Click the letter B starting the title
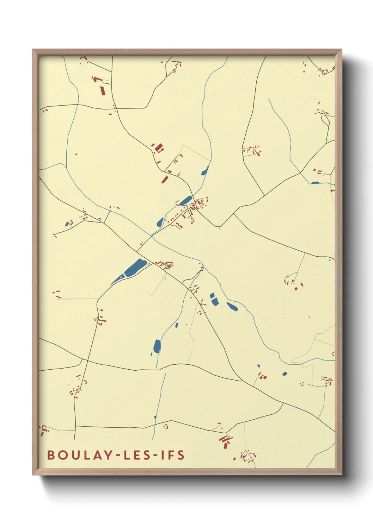pyautogui.click(x=51, y=455)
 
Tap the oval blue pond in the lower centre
pyautogui.click(x=157, y=346)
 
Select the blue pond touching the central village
pyautogui.click(x=185, y=201)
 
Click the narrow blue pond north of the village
pyautogui.click(x=204, y=171)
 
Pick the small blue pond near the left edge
pyautogui.click(x=67, y=224)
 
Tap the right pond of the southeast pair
pyautogui.click(x=232, y=306)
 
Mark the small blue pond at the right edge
pyautogui.click(x=315, y=183)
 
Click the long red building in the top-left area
pyautogui.click(x=103, y=90)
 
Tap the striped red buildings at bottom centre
pyautogui.click(x=225, y=440)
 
